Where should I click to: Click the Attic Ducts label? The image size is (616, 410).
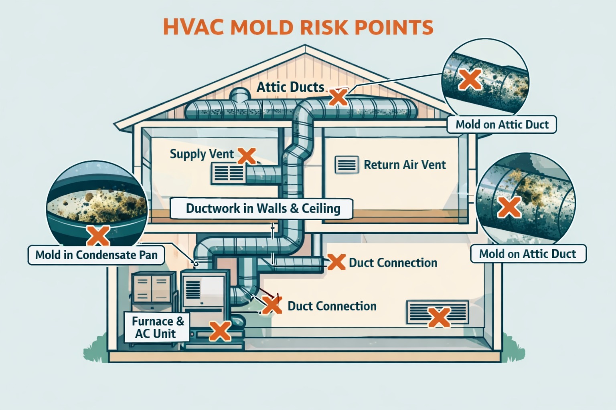pos(290,87)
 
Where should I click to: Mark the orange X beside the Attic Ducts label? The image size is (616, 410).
pos(338,96)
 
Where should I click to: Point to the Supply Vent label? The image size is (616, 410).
pos(202,154)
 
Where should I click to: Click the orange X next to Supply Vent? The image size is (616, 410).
pos(247,156)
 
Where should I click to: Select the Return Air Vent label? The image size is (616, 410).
pos(405,165)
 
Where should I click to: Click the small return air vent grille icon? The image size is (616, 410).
pos(346,164)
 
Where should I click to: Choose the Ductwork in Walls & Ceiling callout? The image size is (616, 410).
pos(263,209)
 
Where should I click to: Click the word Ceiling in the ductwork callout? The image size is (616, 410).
pos(321,209)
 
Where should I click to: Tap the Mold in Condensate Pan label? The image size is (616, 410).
pos(96,255)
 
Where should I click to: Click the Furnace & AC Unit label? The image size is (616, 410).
pos(157,327)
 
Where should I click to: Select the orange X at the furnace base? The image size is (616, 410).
pos(220,331)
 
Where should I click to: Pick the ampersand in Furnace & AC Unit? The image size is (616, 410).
pos(180,321)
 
